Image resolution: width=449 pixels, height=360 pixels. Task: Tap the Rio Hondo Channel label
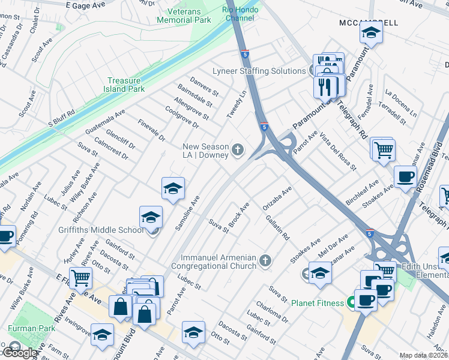pyautogui.click(x=240, y=14)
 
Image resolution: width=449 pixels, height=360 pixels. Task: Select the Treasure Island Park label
pyautogui.click(x=126, y=85)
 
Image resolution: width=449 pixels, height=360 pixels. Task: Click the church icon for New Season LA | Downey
pyautogui.click(x=238, y=149)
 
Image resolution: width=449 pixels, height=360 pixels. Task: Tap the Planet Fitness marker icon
pyautogui.click(x=349, y=302)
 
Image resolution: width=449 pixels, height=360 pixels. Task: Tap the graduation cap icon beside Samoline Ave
pyautogui.click(x=172, y=189)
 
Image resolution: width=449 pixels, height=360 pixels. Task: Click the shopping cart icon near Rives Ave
pyautogui.click(x=80, y=278)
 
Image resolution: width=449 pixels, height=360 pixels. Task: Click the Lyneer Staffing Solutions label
pyautogui.click(x=259, y=71)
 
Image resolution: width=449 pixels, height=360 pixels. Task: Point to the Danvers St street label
pyautogui.click(x=204, y=89)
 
